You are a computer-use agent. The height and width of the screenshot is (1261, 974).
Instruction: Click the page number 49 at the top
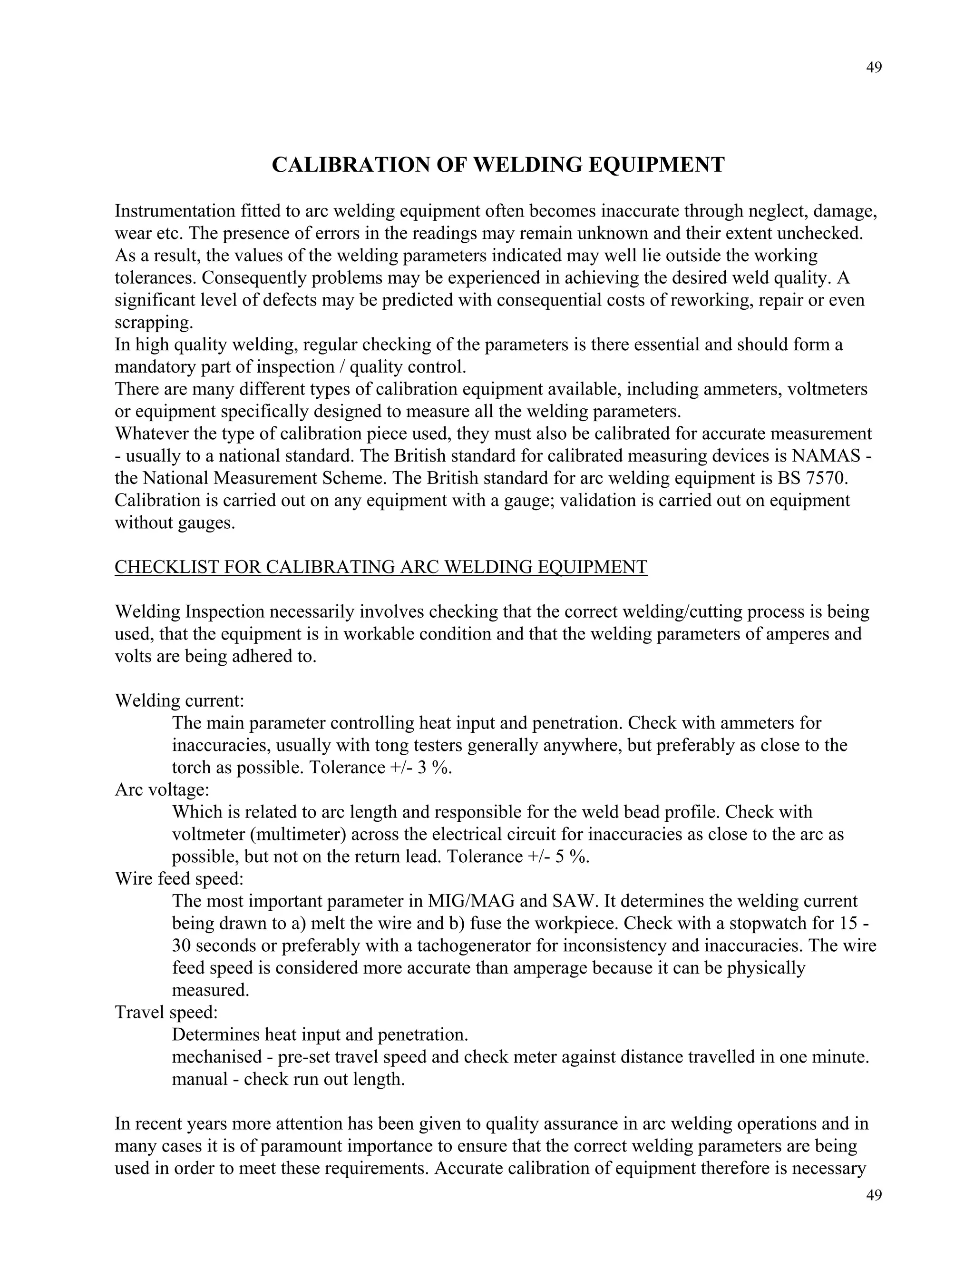[x=874, y=68]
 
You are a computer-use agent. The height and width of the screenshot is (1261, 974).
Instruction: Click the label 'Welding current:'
[x=179, y=701]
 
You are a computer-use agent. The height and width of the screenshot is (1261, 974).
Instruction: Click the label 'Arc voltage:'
[x=162, y=790]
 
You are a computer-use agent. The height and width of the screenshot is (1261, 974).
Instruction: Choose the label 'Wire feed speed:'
[x=179, y=879]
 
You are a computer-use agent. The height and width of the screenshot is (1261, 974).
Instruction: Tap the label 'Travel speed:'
[x=166, y=1012]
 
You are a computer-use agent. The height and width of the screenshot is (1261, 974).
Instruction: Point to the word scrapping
[x=153, y=323]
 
